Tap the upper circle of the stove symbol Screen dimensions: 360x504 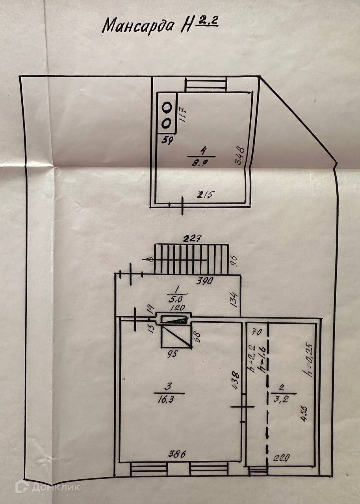coord(167,107)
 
